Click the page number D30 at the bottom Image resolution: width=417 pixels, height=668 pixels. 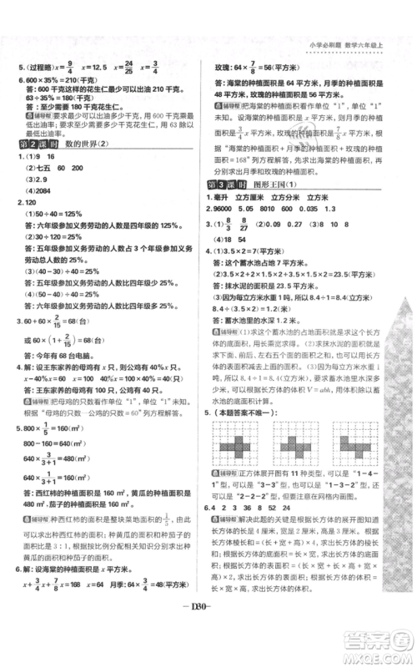click(x=208, y=634)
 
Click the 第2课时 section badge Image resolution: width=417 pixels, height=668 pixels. click(x=28, y=144)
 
